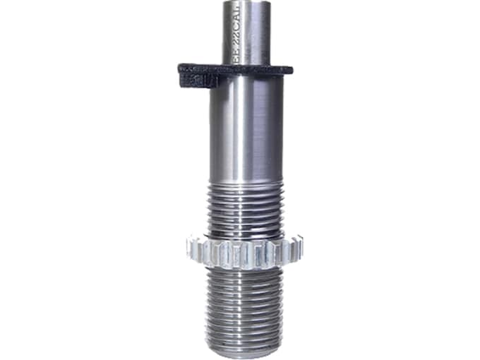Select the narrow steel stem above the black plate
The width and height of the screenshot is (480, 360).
(x=247, y=32)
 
